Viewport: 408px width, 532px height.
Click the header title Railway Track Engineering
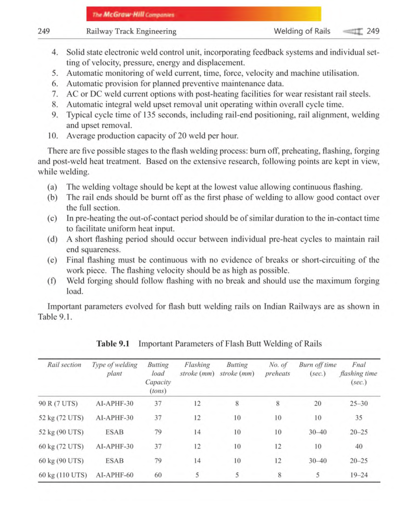click(131, 31)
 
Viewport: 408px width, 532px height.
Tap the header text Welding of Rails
click(302, 31)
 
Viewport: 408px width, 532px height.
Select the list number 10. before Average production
click(53, 136)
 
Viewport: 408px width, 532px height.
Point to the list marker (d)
click(52, 239)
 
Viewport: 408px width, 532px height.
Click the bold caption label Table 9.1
click(113, 344)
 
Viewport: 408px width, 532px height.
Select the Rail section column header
click(64, 365)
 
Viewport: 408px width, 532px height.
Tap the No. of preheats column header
click(277, 369)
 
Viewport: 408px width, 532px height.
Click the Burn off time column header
click(318, 369)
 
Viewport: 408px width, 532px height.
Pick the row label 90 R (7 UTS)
click(58, 404)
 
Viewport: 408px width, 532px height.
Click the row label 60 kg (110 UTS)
click(63, 475)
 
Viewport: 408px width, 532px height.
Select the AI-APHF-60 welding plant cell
click(115, 475)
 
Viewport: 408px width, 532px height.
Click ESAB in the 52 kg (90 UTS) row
click(115, 432)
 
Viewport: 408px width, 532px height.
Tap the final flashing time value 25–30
click(359, 404)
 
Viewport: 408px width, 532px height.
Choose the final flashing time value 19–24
click(359, 475)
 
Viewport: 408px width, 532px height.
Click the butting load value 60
click(158, 475)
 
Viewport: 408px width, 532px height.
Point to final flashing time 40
click(359, 446)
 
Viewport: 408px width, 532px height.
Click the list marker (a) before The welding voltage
click(52, 187)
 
